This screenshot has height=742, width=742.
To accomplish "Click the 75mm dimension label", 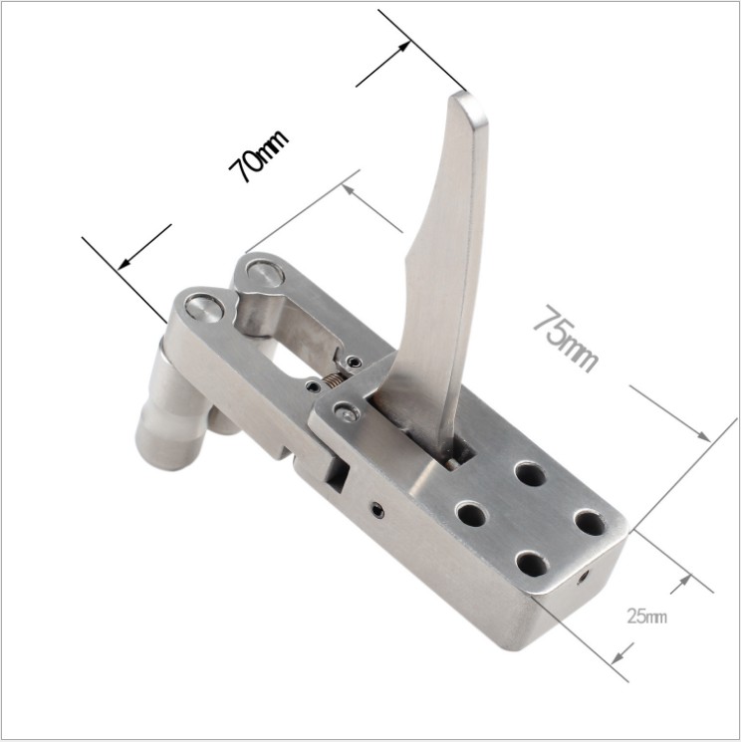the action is tap(566, 339).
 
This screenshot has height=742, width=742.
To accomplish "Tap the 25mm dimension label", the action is tap(646, 617).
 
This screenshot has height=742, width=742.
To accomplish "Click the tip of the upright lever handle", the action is tap(466, 95).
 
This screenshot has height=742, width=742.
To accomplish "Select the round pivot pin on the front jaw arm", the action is tap(204, 308).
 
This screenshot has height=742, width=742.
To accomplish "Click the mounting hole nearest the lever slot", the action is tap(530, 474).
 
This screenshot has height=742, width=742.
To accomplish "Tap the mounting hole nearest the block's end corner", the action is tap(590, 523).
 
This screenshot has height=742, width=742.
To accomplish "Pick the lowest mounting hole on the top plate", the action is tap(533, 564).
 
